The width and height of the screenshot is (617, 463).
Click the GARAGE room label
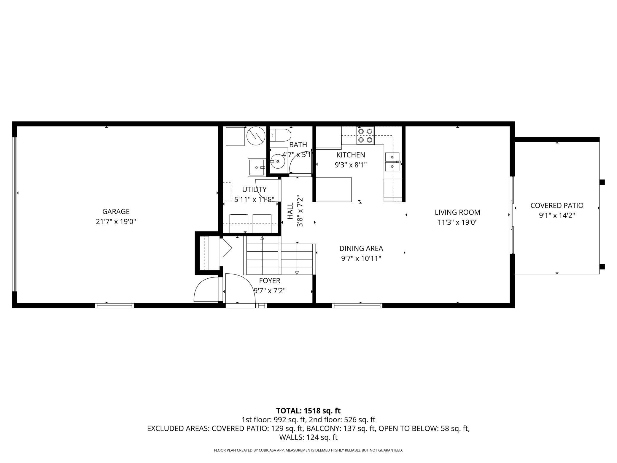tap(116, 212)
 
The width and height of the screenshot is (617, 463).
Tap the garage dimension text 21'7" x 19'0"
tap(116, 222)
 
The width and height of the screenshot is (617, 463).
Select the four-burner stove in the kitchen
tap(365, 135)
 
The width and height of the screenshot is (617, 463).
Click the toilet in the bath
tap(280, 135)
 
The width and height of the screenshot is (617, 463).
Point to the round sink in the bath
tap(278, 161)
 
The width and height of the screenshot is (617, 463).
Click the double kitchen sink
tap(392, 162)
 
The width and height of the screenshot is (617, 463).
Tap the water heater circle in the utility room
tap(256, 136)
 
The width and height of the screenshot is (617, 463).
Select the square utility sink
tap(256, 167)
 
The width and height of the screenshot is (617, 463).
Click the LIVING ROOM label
tap(457, 213)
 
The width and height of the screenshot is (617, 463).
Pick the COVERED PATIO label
tap(557, 205)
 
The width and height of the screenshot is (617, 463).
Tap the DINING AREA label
tap(361, 248)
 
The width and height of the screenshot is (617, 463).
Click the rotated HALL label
tap(290, 211)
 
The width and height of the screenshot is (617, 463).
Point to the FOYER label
tap(269, 281)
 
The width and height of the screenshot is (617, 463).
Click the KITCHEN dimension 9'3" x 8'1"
tap(351, 165)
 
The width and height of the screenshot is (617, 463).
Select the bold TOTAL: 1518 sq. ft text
tap(308, 411)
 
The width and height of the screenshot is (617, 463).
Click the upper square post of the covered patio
tap(602, 182)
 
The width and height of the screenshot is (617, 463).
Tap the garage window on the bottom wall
tap(115, 305)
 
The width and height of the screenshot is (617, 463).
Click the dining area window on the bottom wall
tap(357, 305)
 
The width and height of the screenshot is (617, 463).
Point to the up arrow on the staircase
tap(262, 238)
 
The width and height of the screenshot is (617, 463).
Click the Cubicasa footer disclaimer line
tap(308, 450)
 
